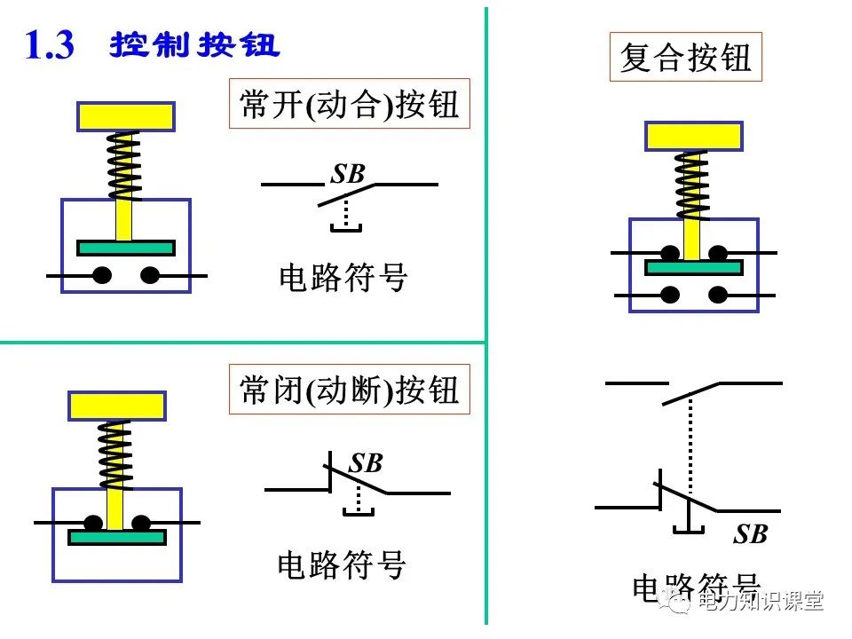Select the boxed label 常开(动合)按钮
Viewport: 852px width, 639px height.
(350, 105)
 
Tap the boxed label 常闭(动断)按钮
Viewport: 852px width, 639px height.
(350, 389)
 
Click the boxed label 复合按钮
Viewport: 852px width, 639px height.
(685, 58)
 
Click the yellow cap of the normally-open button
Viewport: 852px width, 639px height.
(125, 116)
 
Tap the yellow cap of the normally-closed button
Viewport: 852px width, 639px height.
(116, 406)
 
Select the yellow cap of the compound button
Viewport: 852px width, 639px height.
(692, 136)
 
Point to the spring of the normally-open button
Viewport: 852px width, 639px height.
(124, 165)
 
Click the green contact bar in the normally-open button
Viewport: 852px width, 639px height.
(125, 248)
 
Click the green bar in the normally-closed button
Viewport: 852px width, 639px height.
(117, 537)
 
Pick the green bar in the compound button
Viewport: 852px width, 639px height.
(693, 267)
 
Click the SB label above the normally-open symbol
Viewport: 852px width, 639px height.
(348, 174)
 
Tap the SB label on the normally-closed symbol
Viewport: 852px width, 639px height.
(365, 463)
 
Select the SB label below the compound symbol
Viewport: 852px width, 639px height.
(750, 534)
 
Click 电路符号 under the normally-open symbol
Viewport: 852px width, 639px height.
(343, 278)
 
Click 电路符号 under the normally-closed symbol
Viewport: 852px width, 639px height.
(342, 564)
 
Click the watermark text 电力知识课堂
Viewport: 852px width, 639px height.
(761, 601)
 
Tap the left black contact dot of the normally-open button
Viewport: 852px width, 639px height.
(102, 276)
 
